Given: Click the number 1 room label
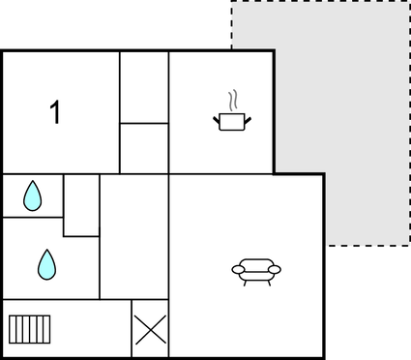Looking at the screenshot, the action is click(55, 112).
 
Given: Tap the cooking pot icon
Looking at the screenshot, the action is click(231, 121).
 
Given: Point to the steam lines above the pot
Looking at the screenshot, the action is click(231, 101).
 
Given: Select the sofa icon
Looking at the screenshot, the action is click(256, 270).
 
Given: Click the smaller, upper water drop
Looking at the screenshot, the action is click(33, 196).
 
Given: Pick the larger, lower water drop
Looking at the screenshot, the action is click(46, 264).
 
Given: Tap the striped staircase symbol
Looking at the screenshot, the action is click(28, 329).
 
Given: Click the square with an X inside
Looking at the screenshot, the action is click(150, 329).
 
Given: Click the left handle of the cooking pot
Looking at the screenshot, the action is click(217, 119).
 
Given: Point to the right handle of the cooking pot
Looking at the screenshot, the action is click(247, 119).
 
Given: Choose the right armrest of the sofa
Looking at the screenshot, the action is click(276, 269).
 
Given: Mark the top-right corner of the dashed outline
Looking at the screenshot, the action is click(408, 2).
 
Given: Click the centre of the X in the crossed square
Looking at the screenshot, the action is click(150, 329).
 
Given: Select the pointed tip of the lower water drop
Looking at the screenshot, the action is click(46, 251).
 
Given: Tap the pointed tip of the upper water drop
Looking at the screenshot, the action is click(33, 183).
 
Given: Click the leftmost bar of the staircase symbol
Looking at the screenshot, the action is click(12, 329).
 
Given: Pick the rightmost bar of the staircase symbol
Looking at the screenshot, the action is click(45, 329).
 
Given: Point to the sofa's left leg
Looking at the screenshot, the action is click(245, 282).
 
